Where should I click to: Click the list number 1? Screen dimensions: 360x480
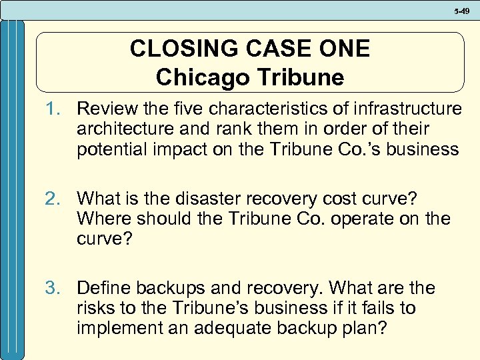click(53, 108)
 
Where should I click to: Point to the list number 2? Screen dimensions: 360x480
click(53, 198)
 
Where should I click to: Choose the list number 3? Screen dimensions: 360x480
click(53, 288)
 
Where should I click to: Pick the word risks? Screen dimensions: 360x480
click(96, 309)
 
